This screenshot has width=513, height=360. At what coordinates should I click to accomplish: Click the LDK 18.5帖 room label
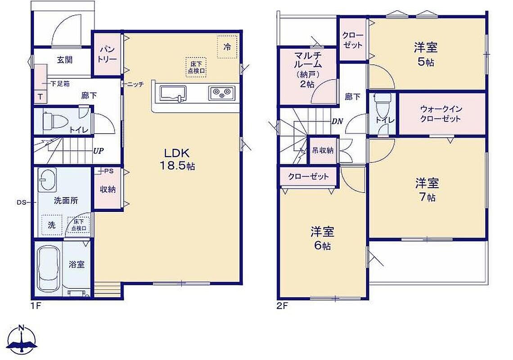[177, 159]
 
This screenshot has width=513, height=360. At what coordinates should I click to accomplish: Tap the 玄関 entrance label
[65, 60]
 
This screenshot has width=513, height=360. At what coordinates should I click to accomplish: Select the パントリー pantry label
[108, 54]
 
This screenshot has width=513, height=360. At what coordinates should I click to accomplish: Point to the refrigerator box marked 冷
[227, 47]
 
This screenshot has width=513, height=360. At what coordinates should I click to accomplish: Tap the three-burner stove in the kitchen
[222, 93]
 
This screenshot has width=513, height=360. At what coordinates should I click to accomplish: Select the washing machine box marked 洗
[52, 225]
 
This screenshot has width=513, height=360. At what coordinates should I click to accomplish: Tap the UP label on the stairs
[99, 151]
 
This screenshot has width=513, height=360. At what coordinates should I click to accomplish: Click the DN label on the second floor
[337, 121]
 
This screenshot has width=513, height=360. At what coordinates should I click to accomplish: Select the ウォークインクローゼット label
[441, 113]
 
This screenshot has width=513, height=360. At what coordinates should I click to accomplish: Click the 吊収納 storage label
[323, 150]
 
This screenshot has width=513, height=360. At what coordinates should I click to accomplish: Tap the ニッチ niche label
[135, 85]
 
